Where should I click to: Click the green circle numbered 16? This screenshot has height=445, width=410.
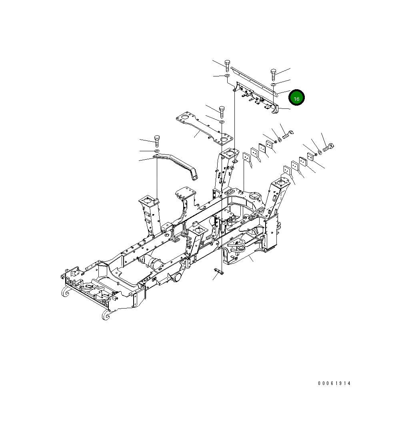296,98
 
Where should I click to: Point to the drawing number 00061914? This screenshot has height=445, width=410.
334,383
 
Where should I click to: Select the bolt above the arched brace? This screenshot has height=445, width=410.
156,140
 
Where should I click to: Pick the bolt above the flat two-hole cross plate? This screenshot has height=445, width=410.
222,110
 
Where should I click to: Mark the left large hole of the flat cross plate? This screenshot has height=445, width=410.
185,117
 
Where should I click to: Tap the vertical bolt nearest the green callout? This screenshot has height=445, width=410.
274,74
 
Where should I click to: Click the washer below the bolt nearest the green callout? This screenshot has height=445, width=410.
274,85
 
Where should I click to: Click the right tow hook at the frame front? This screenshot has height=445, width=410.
105,315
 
